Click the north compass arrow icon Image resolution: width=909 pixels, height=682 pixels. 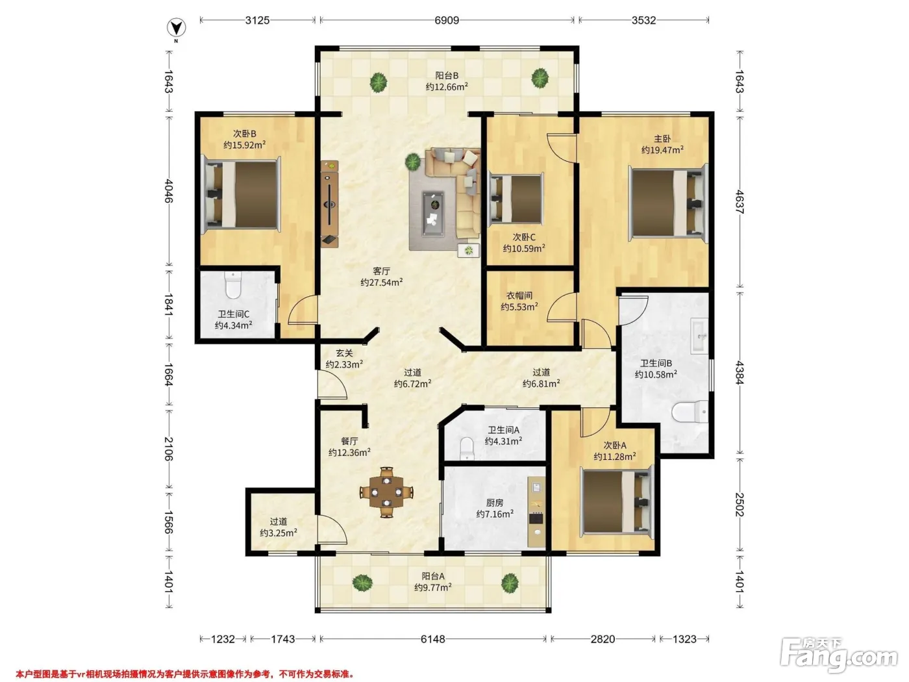pos(177,28)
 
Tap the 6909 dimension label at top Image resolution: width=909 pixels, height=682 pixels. pos(447,20)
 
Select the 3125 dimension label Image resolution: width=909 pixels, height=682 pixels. pos(257,20)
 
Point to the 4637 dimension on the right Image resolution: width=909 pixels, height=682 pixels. pos(740,201)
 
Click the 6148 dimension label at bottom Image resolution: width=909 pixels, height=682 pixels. pos(433,639)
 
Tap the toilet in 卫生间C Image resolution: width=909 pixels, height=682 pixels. pos(233,285)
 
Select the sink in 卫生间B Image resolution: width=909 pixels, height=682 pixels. pos(699,335)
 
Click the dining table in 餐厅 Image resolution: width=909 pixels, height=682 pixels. pos(386,492)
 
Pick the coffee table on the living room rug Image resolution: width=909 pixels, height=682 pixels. pos(434,214)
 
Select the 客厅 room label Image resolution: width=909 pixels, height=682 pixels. pos(381,272)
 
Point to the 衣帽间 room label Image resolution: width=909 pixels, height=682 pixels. pos(519,296)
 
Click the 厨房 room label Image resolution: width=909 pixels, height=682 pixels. pos(495,503)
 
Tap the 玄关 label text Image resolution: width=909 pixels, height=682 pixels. pos(344,353)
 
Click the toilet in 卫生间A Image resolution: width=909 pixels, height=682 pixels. pos(467,448)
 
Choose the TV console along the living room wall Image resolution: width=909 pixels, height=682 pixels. pos(329,204)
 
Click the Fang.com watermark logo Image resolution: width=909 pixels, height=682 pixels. pos(839,655)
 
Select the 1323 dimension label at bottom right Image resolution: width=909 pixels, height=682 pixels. pos(684,639)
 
